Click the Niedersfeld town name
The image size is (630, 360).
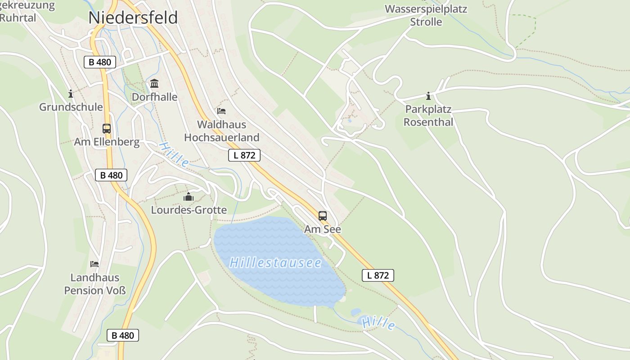coord(133,18)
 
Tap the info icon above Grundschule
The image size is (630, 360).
coord(71,94)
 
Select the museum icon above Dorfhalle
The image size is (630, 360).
coord(154,83)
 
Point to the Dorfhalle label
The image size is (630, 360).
coord(154,97)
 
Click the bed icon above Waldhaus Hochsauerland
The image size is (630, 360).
coord(221,111)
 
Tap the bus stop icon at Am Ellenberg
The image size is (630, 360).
coord(107,129)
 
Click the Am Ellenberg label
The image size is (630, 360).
coord(107,142)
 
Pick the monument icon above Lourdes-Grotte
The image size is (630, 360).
coord(189,197)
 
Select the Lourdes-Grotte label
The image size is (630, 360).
coord(189,210)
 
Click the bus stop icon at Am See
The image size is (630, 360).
coord(323,216)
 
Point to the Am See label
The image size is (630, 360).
coord(323,229)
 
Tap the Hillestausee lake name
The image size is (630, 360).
coord(275,263)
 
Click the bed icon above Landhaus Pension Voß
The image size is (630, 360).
coord(94,264)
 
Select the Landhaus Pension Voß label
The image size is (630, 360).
coord(95,284)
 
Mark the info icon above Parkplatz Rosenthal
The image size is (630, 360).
coord(428,96)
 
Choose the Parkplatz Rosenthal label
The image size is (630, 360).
coord(428,116)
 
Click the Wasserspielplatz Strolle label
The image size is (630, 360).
coord(426,15)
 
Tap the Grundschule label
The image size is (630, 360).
coord(71,107)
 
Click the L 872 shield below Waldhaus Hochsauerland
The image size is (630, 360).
coord(244,155)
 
